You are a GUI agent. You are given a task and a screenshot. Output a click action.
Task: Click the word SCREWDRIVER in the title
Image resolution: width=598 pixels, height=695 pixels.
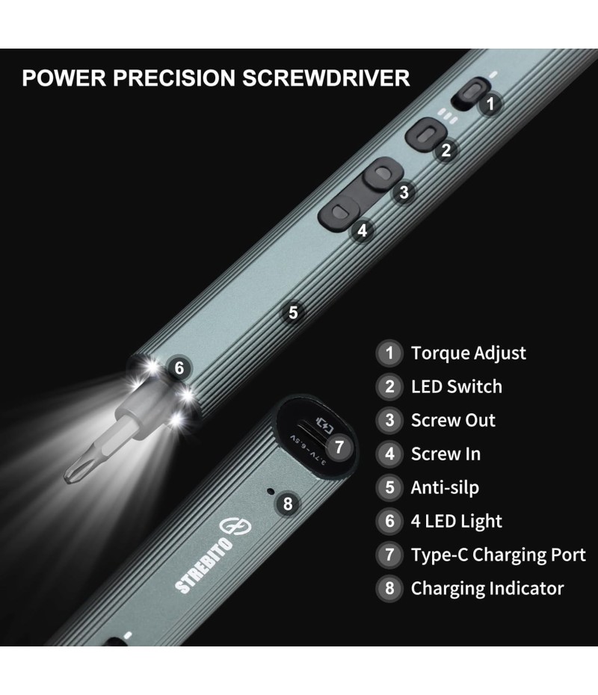[326, 78]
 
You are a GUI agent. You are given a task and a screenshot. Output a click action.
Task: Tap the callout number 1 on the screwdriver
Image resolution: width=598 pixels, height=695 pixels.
[490, 104]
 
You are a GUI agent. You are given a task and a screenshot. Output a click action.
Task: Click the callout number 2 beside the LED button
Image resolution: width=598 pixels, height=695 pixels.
[446, 150]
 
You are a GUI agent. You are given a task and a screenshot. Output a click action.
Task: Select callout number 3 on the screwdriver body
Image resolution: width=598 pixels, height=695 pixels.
[404, 193]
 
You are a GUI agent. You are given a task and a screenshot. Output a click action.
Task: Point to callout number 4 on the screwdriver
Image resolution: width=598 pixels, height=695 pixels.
[363, 230]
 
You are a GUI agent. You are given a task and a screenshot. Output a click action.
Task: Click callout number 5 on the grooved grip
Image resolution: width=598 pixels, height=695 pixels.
[293, 312]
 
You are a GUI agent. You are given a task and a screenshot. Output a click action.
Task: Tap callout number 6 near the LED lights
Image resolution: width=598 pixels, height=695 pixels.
[179, 368]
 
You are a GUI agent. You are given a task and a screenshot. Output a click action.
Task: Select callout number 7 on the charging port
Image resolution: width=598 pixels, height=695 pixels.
[339, 447]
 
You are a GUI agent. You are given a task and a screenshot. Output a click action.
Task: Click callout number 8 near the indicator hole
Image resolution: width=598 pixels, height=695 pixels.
[288, 504]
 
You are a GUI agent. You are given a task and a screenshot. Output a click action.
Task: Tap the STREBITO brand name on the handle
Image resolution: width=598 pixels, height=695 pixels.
[204, 565]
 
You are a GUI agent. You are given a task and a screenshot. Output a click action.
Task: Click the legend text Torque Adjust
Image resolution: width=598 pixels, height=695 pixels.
[469, 353]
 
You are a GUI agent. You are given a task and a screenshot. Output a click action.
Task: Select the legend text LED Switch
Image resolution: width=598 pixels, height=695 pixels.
[457, 386]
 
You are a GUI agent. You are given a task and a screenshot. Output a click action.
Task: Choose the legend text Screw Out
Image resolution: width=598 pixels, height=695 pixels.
[453, 420]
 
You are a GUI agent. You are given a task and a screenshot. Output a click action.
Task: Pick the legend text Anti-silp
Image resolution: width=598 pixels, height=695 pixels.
[445, 487]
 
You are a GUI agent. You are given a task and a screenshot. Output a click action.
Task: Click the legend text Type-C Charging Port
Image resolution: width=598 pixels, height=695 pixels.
[499, 555]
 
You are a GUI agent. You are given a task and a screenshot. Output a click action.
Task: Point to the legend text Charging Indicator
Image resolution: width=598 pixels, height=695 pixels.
[487, 589]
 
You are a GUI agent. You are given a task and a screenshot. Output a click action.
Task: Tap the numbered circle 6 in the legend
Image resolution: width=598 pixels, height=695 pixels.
[389, 522]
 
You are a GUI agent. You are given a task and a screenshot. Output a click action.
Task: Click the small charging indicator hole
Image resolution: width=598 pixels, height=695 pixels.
[270, 492]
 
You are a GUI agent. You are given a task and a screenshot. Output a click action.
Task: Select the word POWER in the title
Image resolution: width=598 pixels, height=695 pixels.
[64, 78]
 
